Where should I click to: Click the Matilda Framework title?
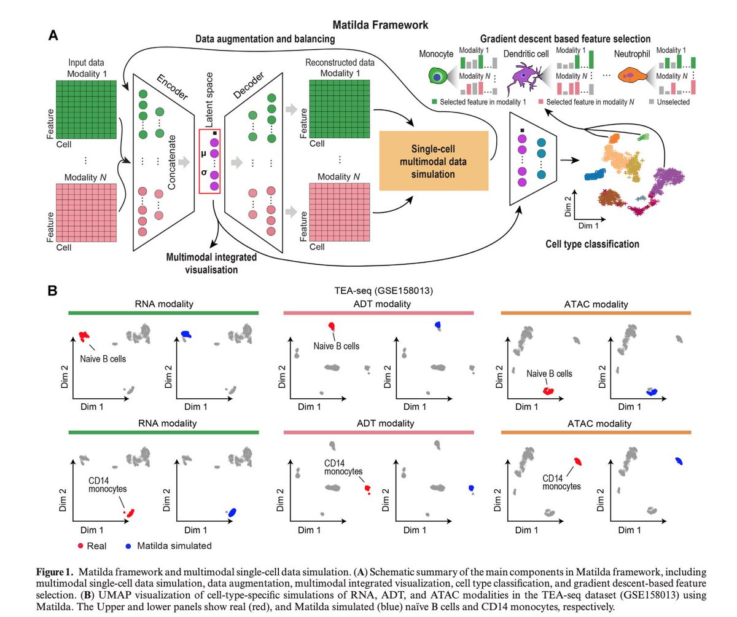pyautogui.click(x=380, y=25)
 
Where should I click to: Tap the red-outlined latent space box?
pyautogui.click(x=209, y=161)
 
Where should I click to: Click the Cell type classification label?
pyautogui.click(x=592, y=244)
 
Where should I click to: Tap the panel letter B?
pyautogui.click(x=53, y=289)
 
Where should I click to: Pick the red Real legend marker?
pyautogui.click(x=82, y=545)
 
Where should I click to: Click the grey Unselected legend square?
pyautogui.click(x=650, y=101)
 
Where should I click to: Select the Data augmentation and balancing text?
pyautogui.click(x=265, y=39)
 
